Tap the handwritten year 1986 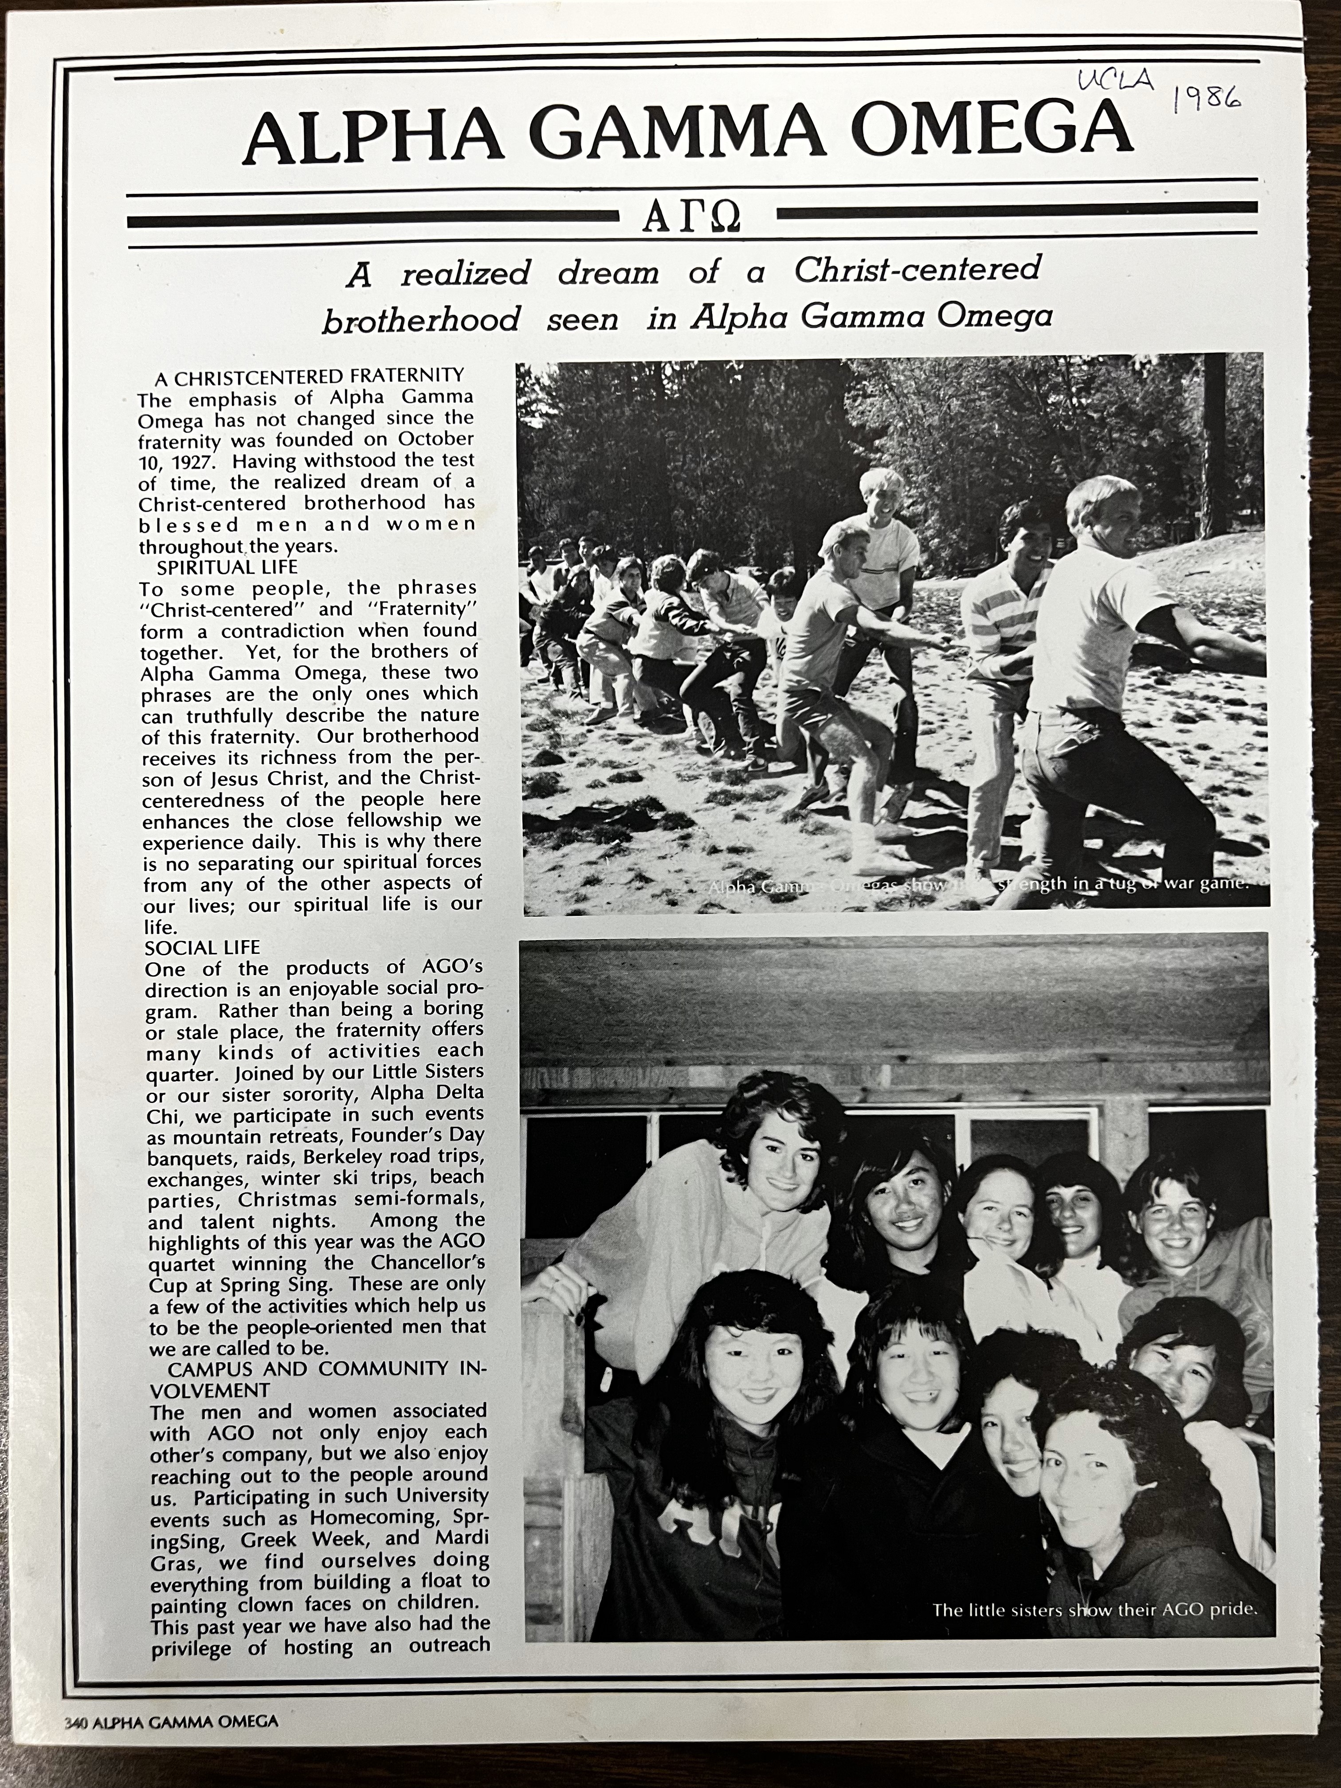pos(1206,98)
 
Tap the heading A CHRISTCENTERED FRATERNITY pos(310,376)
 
